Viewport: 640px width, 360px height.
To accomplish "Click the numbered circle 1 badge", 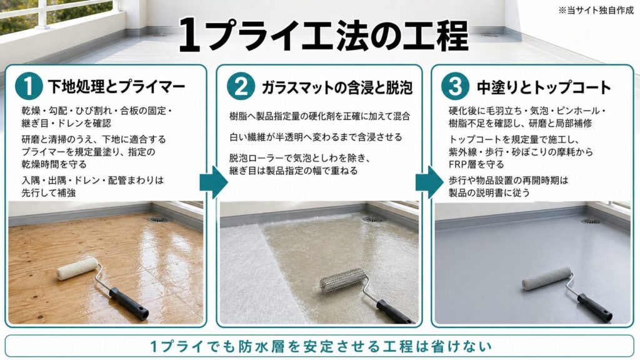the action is (29, 86).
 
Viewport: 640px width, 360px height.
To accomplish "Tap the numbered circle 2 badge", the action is (241, 86).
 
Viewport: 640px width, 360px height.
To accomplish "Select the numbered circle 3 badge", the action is (455, 86).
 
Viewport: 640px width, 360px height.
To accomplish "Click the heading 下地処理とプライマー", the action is (116, 86).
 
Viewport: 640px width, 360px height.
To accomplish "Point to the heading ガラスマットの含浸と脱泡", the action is (337, 87).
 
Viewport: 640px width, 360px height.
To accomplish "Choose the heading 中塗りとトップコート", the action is (544, 87).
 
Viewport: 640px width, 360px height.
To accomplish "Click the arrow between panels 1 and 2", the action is (213, 182).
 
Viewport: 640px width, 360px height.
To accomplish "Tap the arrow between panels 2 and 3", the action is (429, 182).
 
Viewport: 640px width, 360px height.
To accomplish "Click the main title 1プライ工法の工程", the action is (323, 35).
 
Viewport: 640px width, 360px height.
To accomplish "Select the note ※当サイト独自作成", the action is (596, 10).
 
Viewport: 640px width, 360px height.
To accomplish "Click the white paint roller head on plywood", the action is (77, 269).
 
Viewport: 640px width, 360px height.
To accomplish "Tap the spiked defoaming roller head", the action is (343, 281).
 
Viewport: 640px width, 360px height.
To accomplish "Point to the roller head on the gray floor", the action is (546, 278).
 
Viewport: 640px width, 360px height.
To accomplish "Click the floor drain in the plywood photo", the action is (158, 219).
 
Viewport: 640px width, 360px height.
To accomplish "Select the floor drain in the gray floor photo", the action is (590, 221).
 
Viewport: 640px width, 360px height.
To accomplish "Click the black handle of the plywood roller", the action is (129, 304).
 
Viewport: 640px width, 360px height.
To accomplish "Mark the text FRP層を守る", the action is (476, 164).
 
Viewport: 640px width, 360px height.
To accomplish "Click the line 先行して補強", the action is (49, 192).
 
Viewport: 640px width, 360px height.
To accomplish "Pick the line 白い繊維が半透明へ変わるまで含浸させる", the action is (316, 137).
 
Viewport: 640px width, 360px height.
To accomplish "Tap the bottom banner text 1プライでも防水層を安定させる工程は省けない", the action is (321, 346).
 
